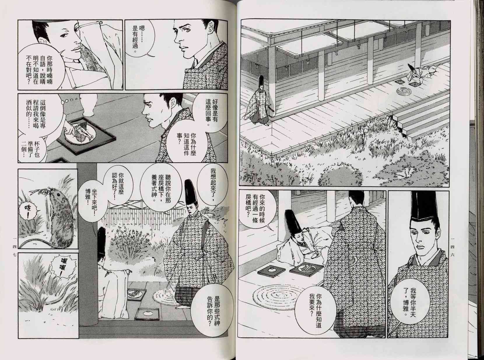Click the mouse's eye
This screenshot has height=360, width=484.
tap(58, 194)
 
